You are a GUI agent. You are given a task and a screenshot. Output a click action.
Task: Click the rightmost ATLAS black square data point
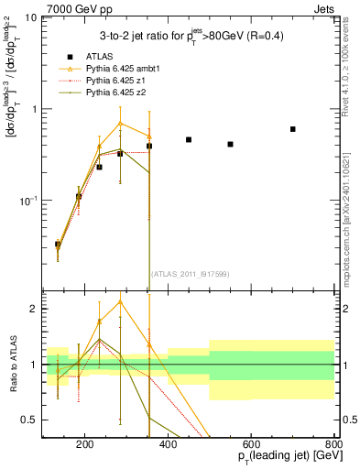pyautogui.click(x=292, y=129)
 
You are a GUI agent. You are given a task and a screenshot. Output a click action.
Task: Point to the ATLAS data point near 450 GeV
pyautogui.click(x=189, y=140)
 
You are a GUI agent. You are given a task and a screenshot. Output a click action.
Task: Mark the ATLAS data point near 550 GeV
pyautogui.click(x=230, y=144)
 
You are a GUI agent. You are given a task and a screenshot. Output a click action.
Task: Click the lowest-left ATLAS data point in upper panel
pyautogui.click(x=58, y=245)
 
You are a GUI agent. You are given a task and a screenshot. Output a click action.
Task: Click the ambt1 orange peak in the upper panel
pyautogui.click(x=120, y=123)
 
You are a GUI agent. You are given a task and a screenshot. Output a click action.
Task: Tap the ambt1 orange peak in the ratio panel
pyautogui.click(x=120, y=301)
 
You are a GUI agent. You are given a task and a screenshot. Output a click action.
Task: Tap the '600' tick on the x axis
pyautogui.click(x=250, y=446)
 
